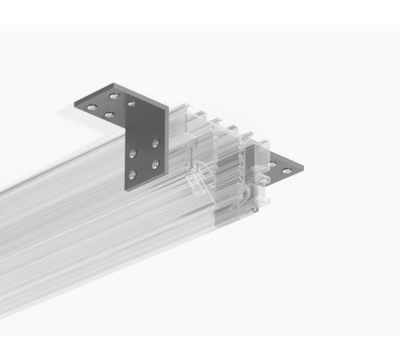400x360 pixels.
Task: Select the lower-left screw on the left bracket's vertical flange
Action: (132, 171)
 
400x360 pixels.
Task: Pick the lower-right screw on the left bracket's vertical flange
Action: (152, 164)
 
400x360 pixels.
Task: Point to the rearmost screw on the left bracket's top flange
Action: (114, 96)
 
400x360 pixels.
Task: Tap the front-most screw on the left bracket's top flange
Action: (110, 115)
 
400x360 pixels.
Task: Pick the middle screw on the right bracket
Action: (272, 163)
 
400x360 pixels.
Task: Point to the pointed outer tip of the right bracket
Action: (302, 170)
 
